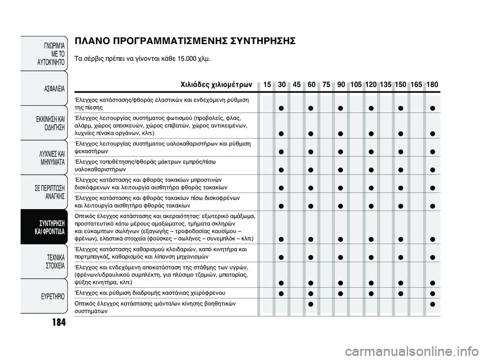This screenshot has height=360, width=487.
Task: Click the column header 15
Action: [267, 84]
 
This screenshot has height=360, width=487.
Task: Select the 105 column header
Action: [356, 84]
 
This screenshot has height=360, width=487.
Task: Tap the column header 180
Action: [432, 84]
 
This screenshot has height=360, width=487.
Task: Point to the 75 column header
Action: [326, 84]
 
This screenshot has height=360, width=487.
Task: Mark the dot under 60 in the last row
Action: [310, 304]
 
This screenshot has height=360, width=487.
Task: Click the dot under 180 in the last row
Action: [432, 304]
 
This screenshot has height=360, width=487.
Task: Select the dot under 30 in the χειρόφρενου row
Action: [281, 293]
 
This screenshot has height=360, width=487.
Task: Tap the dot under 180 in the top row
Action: [432, 108]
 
